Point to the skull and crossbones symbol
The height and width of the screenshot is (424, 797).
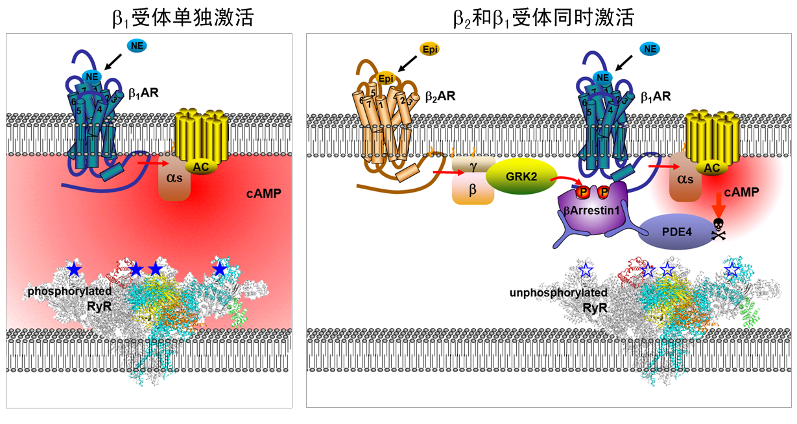tap(719, 228)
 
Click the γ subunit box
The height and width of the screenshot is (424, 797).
tap(473, 167)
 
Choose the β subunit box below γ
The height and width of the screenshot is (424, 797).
tap(473, 191)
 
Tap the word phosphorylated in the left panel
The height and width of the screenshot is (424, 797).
tap(69, 292)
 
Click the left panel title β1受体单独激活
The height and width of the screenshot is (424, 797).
tap(182, 18)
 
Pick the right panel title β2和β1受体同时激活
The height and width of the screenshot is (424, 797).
tap(542, 18)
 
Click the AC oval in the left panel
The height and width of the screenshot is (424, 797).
tap(201, 167)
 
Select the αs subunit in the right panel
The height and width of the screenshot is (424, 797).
tap(685, 182)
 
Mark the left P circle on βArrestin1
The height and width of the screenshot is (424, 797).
tap(583, 192)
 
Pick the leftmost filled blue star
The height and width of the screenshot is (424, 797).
tap(75, 268)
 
